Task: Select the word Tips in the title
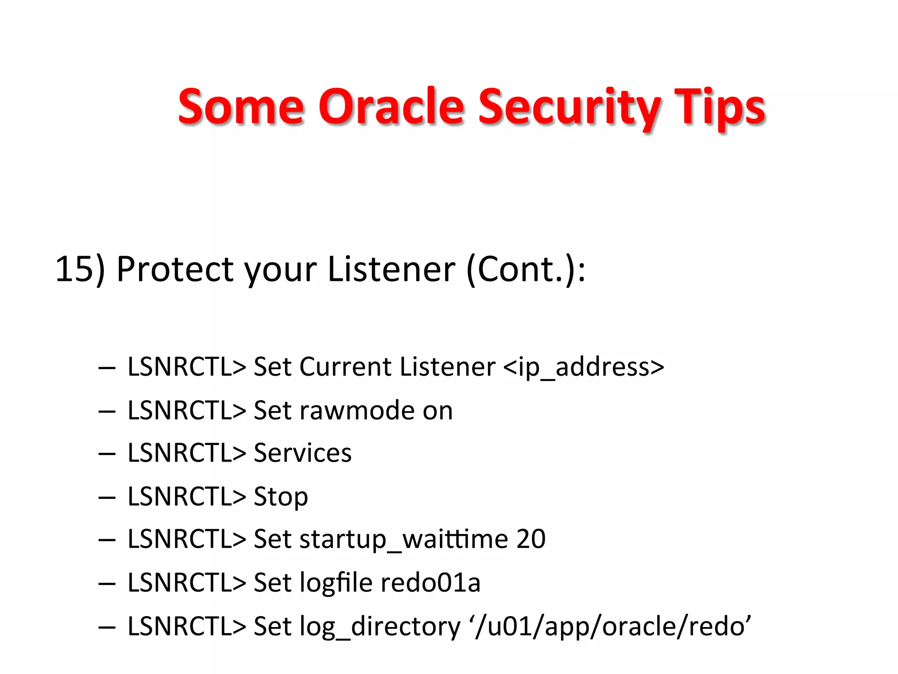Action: (720, 107)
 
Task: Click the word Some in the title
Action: (241, 107)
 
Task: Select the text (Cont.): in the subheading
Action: (526, 269)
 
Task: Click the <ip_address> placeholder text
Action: (584, 367)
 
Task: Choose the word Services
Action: (303, 453)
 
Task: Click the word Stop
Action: (281, 497)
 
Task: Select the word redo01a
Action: (430, 582)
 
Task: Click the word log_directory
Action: (380, 626)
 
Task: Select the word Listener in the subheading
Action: (391, 269)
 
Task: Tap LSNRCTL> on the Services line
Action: (186, 453)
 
